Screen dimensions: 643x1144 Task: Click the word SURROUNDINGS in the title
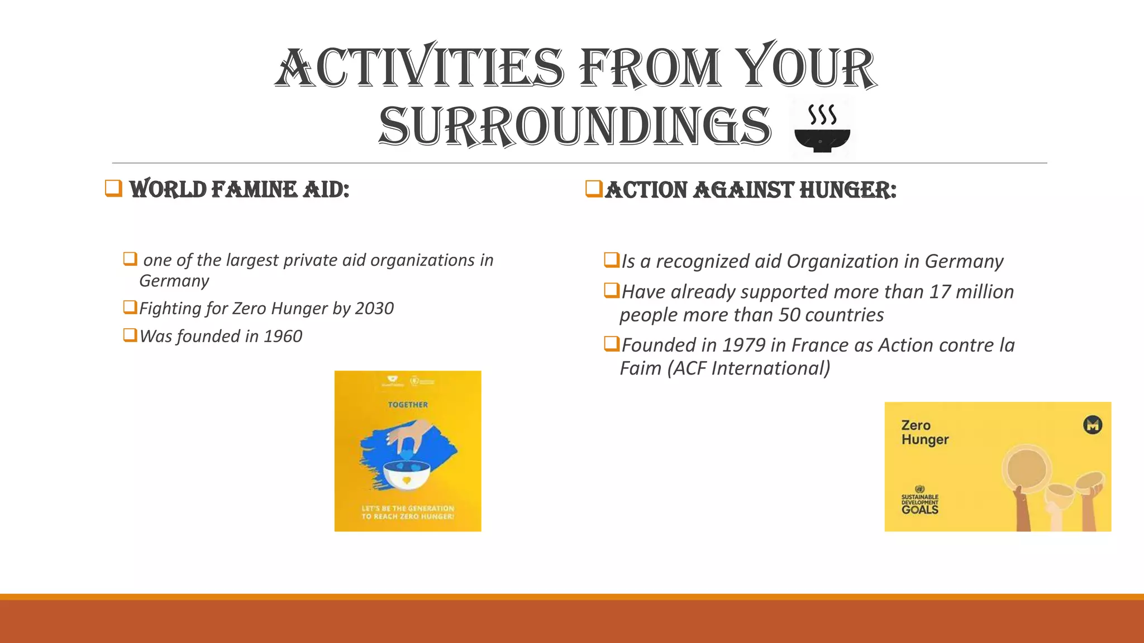[x=575, y=127]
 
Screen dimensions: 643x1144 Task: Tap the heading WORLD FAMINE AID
[x=239, y=190]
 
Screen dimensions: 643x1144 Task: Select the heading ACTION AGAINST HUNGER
[x=750, y=190]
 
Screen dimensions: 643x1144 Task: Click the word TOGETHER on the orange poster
[x=408, y=405]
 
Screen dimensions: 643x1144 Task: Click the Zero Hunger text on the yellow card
[x=924, y=433]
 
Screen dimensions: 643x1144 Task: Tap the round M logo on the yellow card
[x=1093, y=425]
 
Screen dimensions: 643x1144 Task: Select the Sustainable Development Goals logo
[x=920, y=500]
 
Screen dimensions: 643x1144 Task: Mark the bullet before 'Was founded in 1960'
[x=130, y=335]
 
